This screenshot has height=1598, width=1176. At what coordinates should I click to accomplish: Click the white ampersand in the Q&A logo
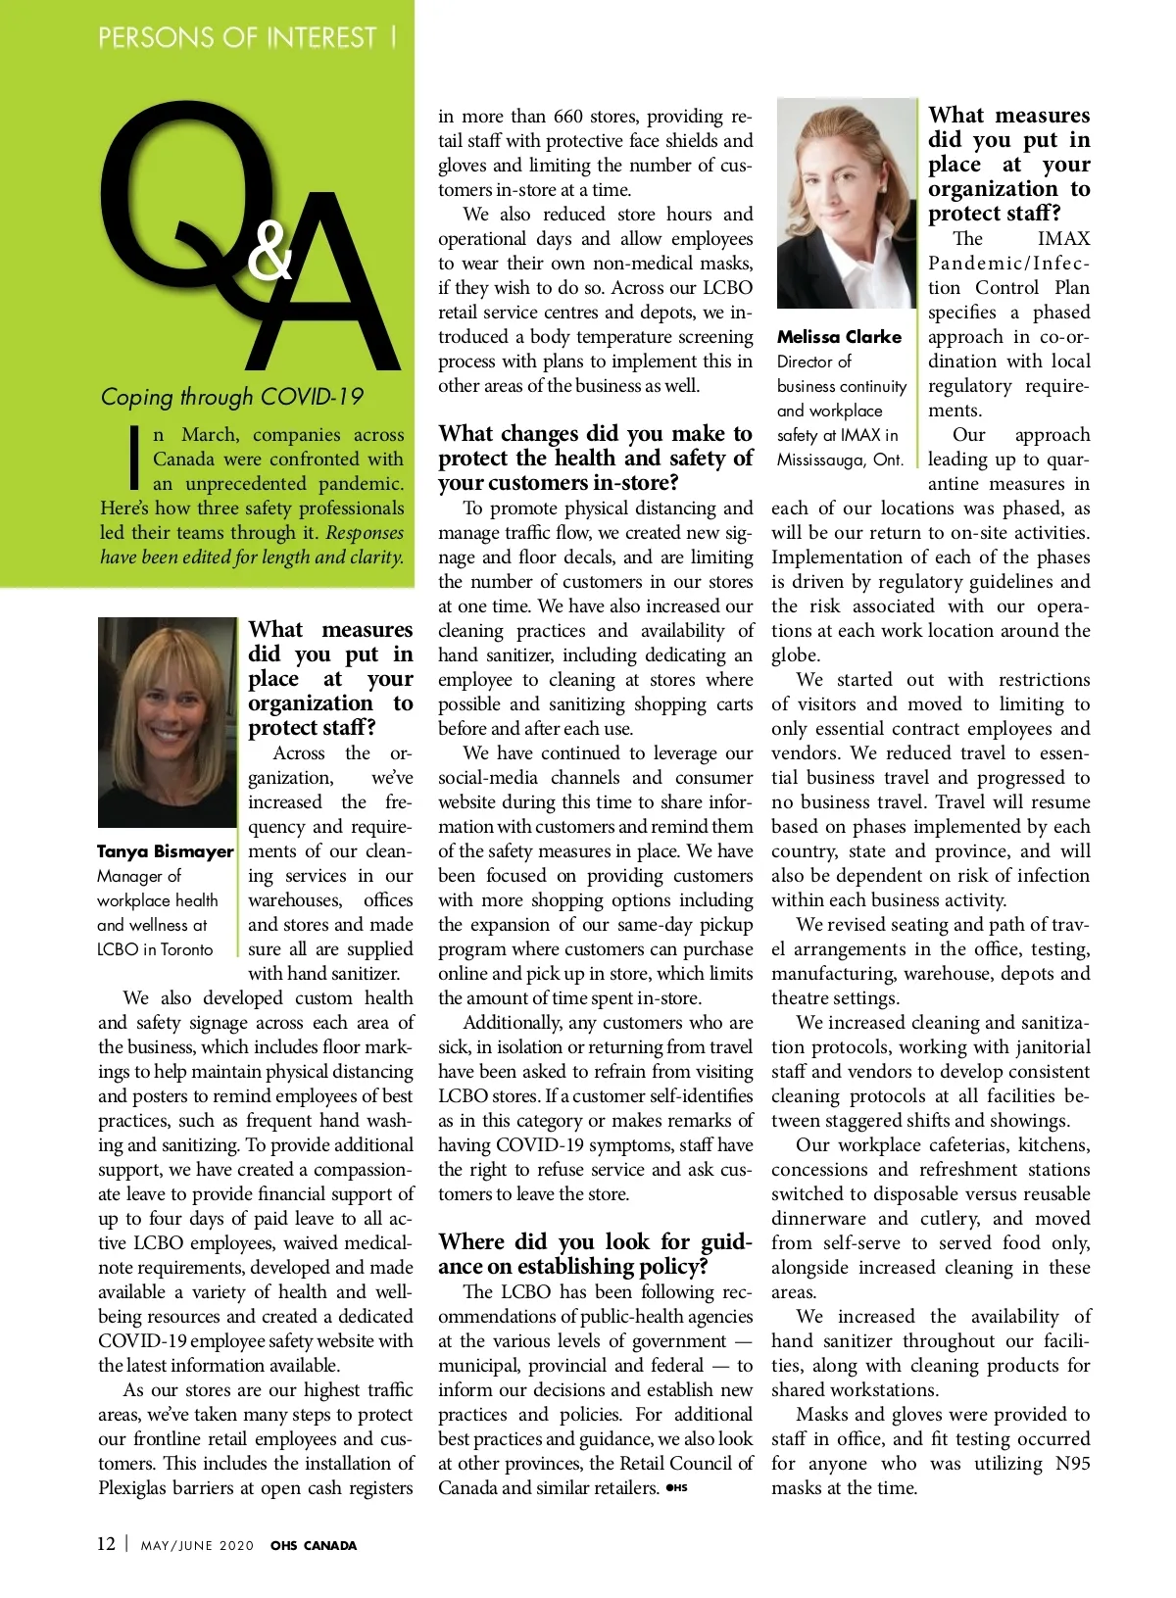click(x=269, y=250)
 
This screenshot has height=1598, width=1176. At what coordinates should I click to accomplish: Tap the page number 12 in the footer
click(x=106, y=1544)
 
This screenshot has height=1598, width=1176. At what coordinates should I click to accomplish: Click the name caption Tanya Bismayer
click(x=165, y=851)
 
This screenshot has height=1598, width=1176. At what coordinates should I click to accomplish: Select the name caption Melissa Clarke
click(x=839, y=337)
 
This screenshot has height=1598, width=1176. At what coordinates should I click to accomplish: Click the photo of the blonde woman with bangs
click(x=167, y=721)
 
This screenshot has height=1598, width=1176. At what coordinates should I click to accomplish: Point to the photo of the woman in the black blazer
click(x=846, y=204)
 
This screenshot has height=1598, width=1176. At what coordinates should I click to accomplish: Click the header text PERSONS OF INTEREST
click(x=237, y=38)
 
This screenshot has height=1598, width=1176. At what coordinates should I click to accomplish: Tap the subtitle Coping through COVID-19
click(x=231, y=397)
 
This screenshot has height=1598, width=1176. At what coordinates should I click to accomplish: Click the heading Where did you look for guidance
click(x=595, y=1254)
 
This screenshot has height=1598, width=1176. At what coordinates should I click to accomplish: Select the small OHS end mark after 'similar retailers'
click(x=676, y=1487)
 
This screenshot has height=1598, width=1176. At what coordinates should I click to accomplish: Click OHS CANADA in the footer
click(x=314, y=1545)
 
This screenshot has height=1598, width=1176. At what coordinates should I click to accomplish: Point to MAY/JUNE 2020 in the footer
click(x=197, y=1545)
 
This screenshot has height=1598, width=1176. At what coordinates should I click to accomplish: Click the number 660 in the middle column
click(x=567, y=117)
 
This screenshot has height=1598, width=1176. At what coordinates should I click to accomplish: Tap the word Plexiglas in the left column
click(x=138, y=1487)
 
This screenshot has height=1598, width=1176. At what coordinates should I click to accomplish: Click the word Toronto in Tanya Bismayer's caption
click(x=186, y=949)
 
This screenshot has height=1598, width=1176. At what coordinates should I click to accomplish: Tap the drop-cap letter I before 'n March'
click(x=134, y=458)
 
